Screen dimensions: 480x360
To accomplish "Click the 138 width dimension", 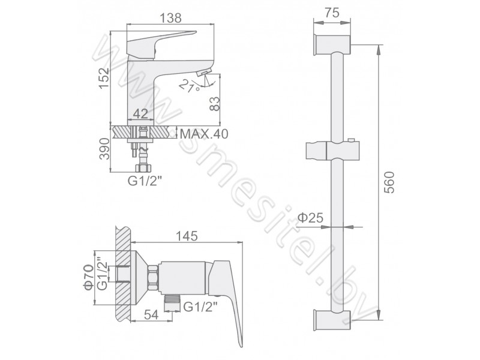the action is coord(171,18).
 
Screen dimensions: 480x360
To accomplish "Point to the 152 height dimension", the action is coord(104,78).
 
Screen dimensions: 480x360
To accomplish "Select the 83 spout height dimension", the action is coord(215,104).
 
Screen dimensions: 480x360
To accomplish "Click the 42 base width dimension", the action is coord(141,114).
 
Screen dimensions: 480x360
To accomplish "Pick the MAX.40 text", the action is coord(204,134).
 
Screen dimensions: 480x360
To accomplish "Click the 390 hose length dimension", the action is coord(104,149).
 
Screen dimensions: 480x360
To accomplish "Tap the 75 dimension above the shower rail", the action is coord(332,13).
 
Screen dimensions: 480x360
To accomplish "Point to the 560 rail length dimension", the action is coord(389,182).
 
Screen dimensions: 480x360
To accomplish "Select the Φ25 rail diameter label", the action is coord(310,218).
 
